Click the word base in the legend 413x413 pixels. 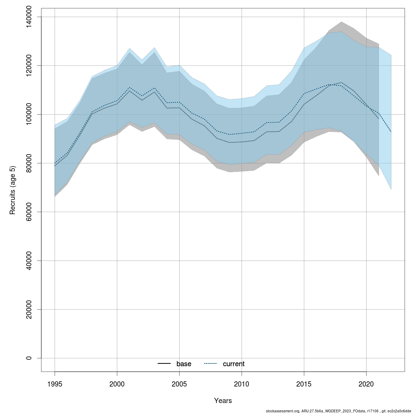pos(184,364)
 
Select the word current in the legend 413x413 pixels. pos(234,364)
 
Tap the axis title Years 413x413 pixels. pos(223,401)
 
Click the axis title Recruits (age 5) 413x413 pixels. pos(13,190)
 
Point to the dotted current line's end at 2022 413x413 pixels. pos(391,132)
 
